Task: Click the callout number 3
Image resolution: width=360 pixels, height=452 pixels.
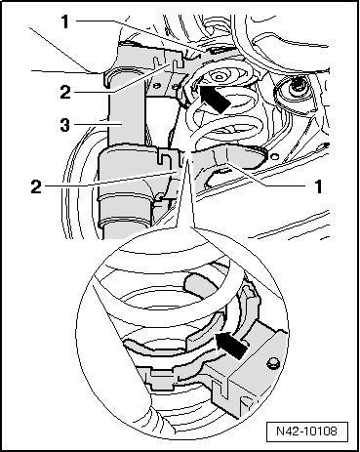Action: [65, 125]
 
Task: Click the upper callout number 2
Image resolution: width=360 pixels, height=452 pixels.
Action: [65, 93]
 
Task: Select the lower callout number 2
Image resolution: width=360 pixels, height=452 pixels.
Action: [36, 187]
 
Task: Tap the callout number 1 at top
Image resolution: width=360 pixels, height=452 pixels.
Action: [65, 22]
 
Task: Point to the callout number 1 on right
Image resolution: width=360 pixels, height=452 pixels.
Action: [318, 186]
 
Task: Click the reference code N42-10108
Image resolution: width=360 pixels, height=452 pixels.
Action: [306, 431]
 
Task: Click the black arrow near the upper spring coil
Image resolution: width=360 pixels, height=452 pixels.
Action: [214, 99]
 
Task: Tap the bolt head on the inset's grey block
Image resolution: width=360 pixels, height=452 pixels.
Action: [272, 363]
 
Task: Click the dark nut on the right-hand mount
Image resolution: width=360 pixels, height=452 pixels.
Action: [297, 86]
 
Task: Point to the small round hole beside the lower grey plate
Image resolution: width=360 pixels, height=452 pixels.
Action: [275, 157]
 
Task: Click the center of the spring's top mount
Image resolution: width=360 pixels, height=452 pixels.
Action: [219, 77]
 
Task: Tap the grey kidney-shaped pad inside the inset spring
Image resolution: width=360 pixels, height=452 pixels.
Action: [199, 282]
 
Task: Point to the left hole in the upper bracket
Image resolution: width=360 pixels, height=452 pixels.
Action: [157, 86]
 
